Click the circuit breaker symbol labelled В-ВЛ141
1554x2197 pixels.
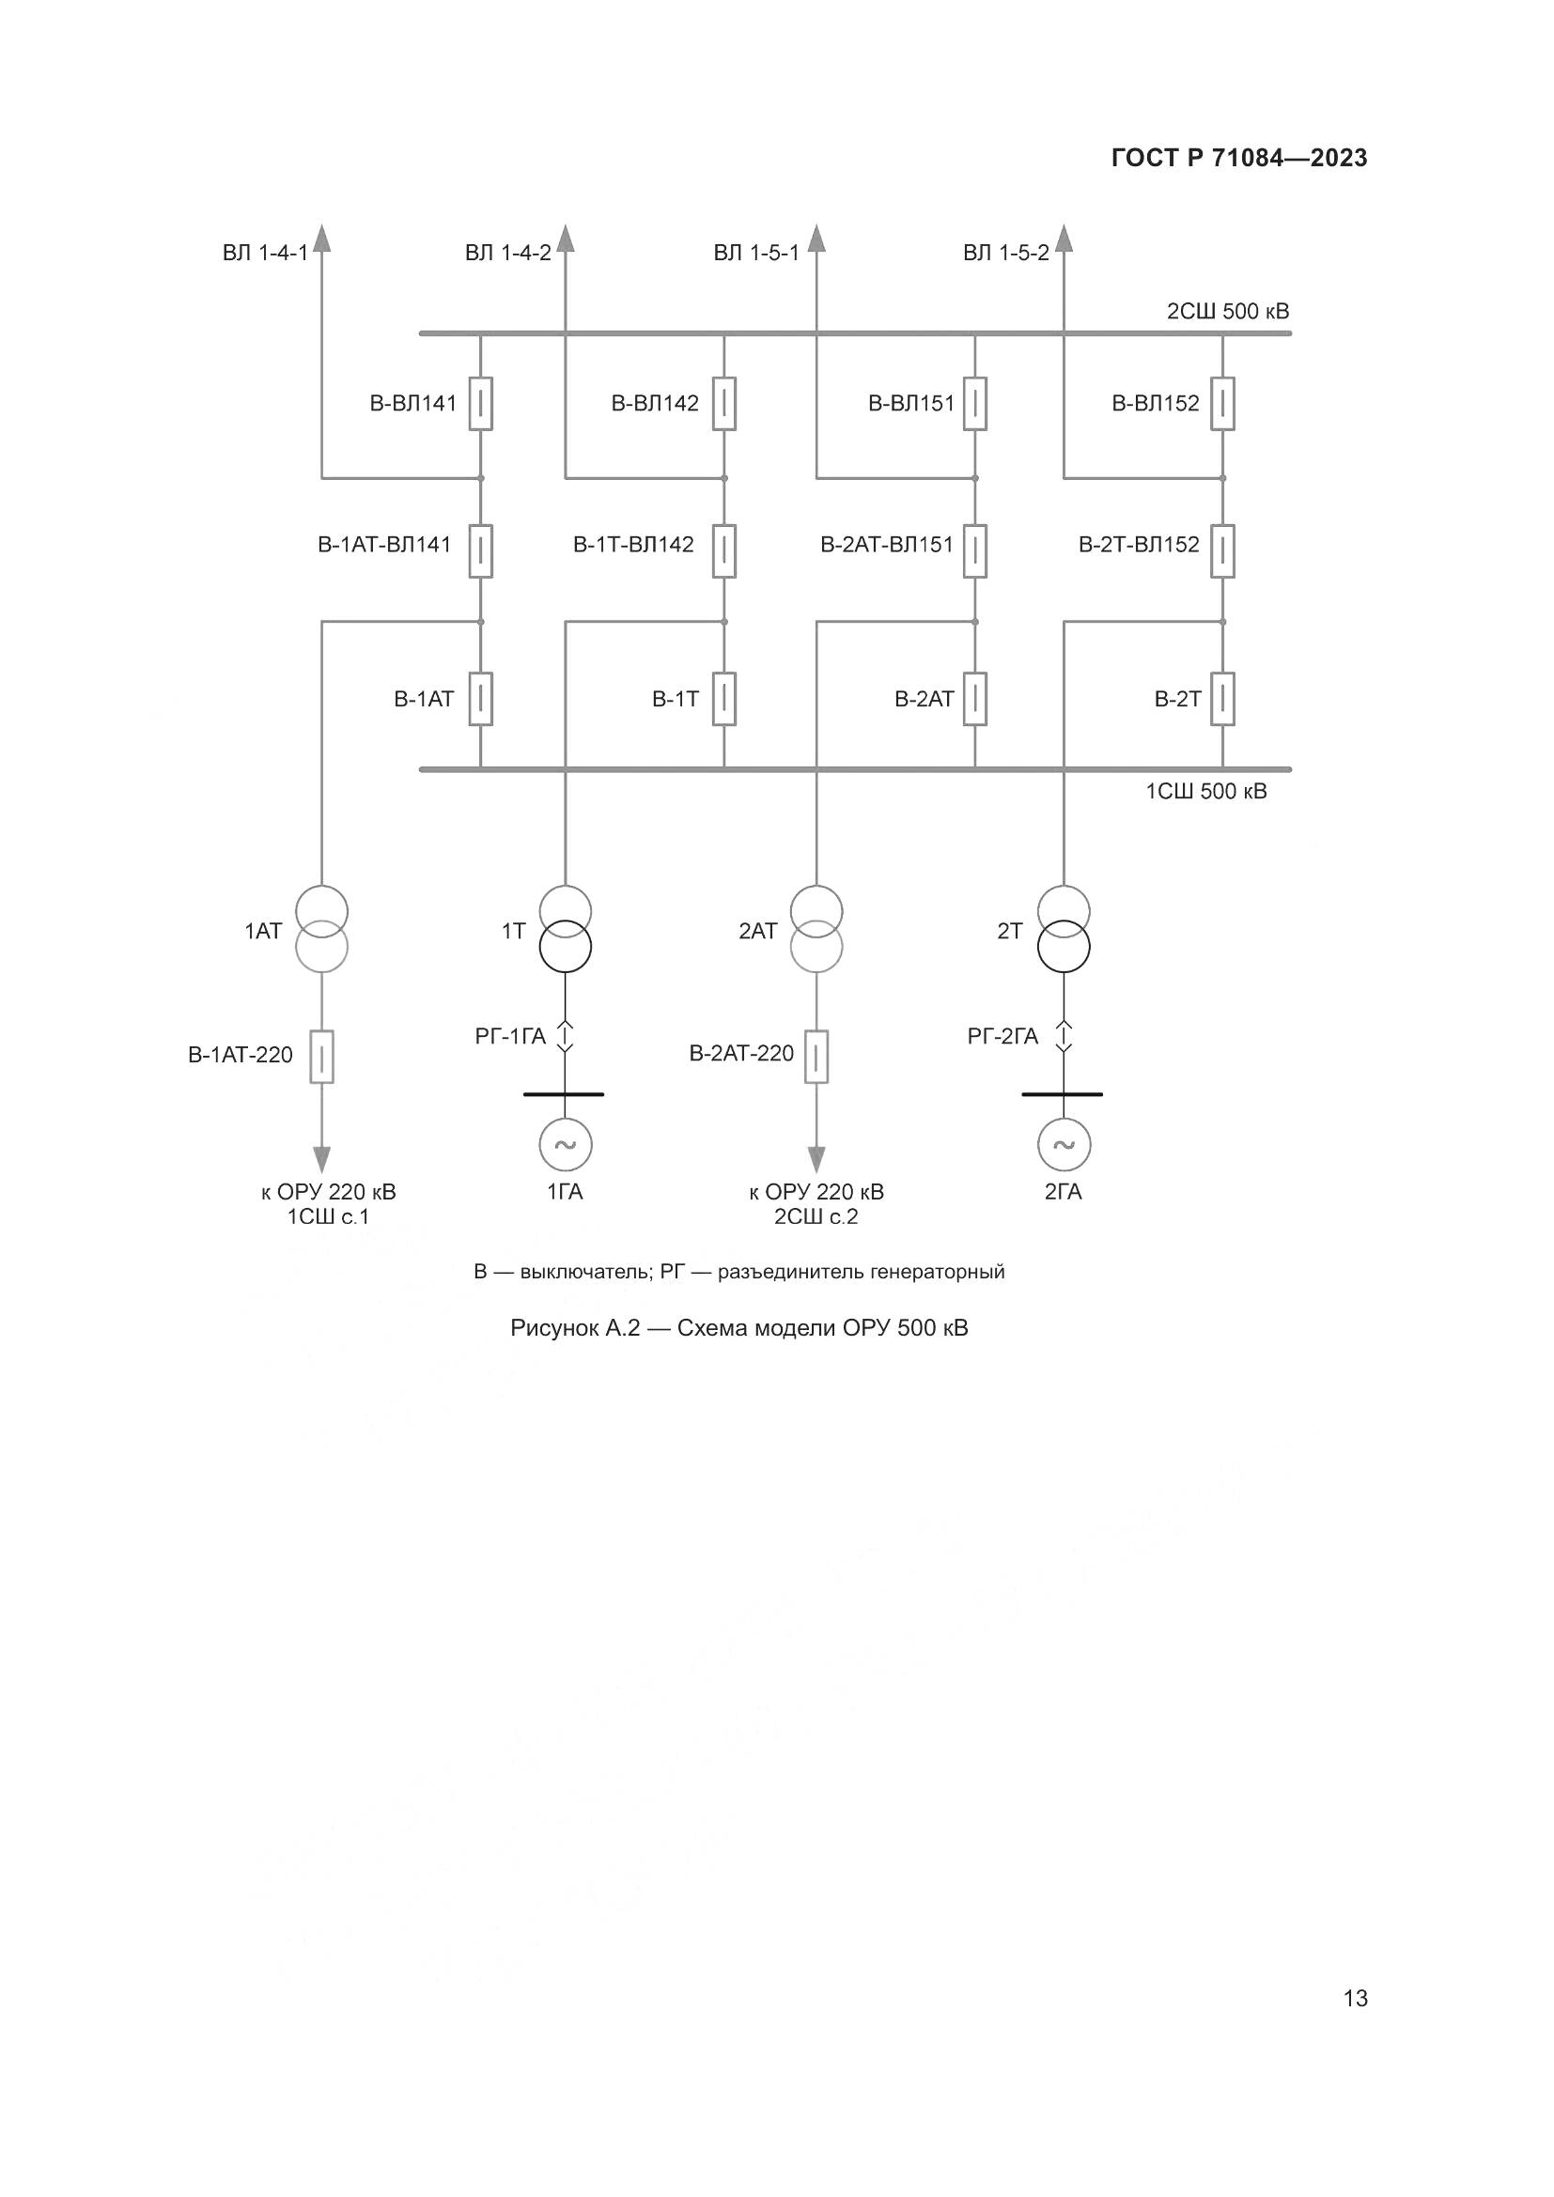[480, 404]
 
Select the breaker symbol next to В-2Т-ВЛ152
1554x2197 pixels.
[1222, 550]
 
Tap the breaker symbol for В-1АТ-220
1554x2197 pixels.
[322, 1057]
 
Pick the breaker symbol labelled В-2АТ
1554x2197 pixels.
[975, 699]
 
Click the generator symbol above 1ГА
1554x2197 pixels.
[565, 1144]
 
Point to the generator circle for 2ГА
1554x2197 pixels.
[1064, 1144]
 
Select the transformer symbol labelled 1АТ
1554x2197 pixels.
[321, 929]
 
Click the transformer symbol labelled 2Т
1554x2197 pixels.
[1064, 929]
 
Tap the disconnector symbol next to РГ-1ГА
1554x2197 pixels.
[565, 1036]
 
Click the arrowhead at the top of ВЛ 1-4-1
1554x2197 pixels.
[321, 238]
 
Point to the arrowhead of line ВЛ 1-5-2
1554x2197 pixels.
[1064, 238]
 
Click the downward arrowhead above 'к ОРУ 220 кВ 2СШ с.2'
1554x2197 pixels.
[816, 1160]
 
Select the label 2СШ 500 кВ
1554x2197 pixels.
[1228, 311]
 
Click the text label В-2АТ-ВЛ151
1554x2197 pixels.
[886, 545]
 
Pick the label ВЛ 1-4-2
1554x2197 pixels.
[508, 253]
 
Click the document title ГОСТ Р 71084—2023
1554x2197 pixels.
[1239, 158]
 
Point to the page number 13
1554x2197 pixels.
[1355, 1998]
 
